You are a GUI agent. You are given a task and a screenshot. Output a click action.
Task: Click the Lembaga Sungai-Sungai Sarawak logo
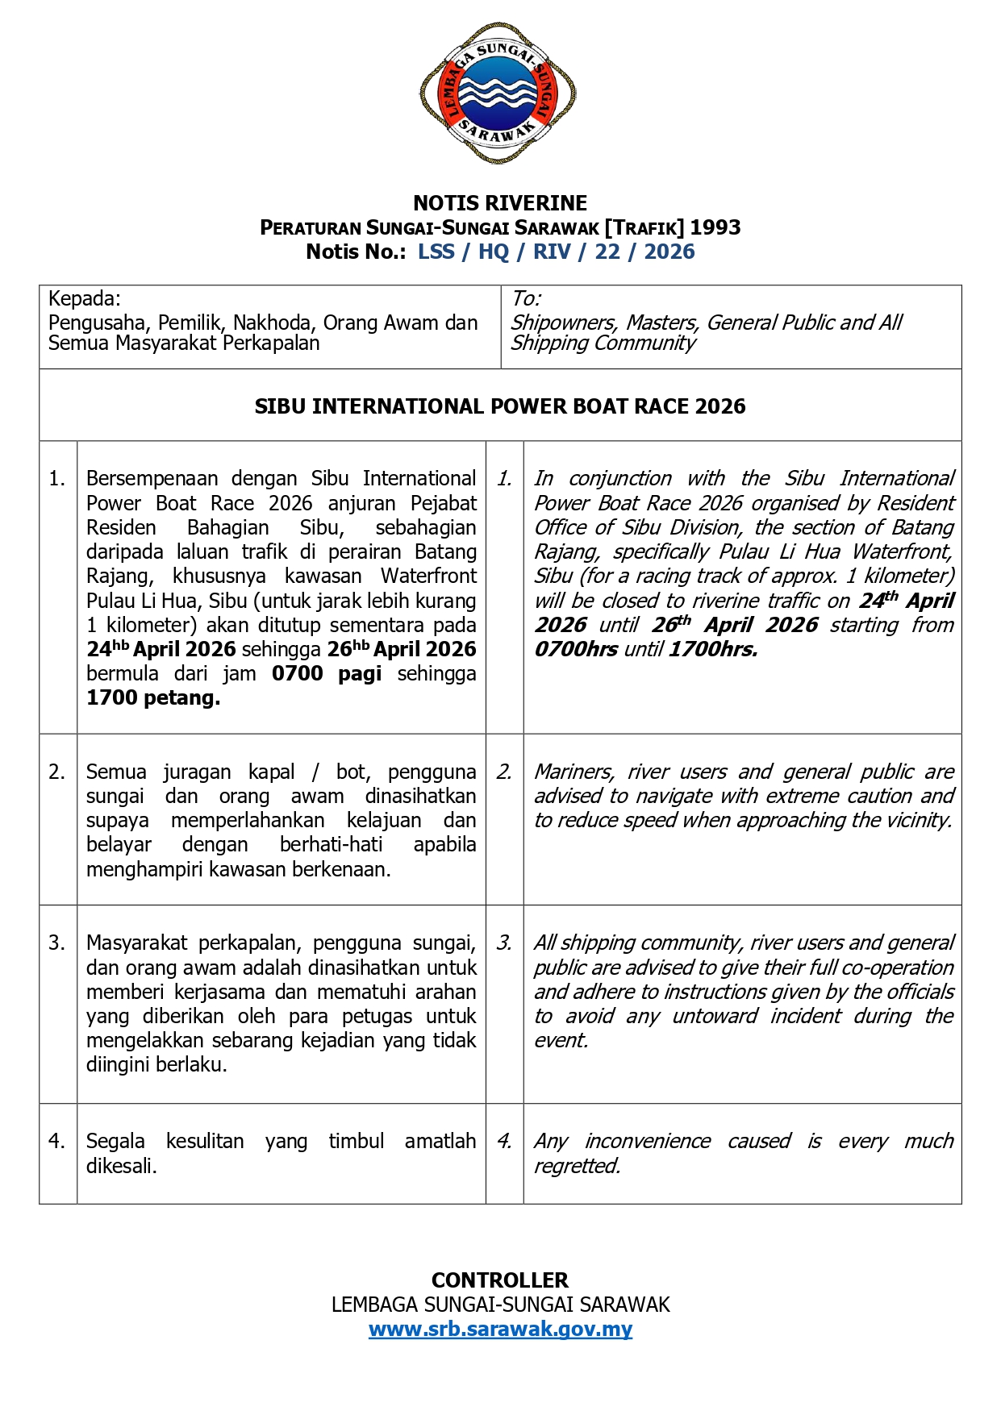498,94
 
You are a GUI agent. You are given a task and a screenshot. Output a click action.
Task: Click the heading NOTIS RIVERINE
500,203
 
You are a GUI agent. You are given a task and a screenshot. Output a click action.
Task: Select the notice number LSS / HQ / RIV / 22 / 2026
556,252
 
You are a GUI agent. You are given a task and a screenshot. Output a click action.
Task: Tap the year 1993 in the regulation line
715,227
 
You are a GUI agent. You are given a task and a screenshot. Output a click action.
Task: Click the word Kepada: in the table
85,299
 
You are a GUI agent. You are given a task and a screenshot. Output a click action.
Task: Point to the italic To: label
526,299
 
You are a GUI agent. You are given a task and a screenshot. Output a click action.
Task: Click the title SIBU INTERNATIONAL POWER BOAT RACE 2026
500,406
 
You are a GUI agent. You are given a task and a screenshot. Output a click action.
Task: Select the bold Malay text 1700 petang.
153,698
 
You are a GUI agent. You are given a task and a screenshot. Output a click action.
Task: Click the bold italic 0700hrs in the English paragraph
576,650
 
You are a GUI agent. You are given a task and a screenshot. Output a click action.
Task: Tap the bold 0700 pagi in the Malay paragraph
326,674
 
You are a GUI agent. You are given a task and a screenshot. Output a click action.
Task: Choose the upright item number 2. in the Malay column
56,772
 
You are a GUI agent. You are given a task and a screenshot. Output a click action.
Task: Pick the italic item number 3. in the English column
504,943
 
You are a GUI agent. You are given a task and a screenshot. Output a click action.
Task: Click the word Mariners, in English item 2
573,772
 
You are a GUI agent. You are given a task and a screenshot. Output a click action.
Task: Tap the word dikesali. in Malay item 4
122,1166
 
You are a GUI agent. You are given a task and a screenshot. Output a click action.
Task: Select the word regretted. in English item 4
578,1166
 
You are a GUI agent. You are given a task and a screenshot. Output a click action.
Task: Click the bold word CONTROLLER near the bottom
500,1280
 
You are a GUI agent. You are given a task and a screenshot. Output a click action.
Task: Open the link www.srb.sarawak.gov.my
500,1329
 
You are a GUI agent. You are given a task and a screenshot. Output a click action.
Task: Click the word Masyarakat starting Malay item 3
136,943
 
